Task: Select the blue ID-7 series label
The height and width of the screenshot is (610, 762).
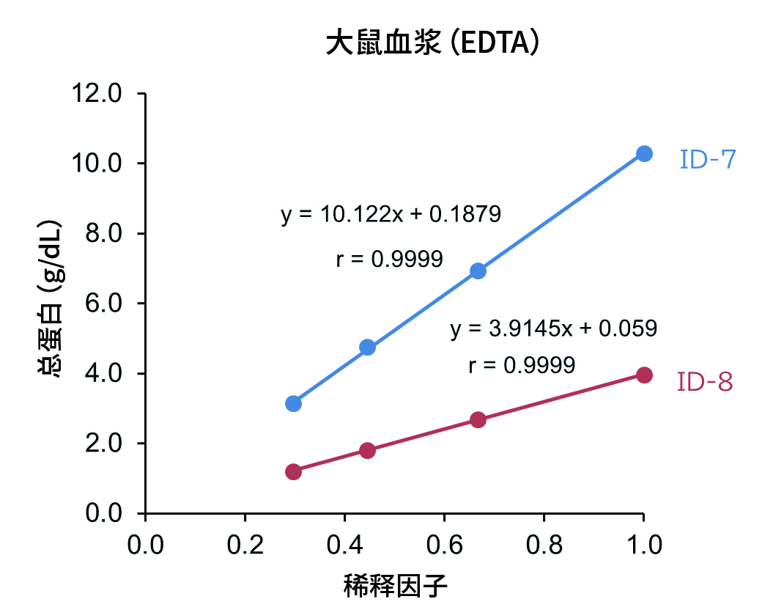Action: point(707,159)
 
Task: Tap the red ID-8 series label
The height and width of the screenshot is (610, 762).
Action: point(705,382)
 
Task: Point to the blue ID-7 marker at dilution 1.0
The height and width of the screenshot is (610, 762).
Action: point(644,153)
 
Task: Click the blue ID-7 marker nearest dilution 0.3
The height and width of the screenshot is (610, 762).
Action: point(294,403)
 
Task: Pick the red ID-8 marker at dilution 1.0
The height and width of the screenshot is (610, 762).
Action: point(644,375)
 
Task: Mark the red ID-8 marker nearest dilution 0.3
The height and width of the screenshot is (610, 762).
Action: point(294,471)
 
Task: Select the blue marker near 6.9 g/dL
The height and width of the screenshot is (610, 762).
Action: point(478,271)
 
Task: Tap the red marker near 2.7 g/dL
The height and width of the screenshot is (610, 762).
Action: point(478,419)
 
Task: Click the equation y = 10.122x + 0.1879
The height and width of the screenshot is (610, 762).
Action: point(391,215)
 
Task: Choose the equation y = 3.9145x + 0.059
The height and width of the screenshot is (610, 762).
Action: point(553,328)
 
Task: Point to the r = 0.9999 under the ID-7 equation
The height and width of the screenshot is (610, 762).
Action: point(389,259)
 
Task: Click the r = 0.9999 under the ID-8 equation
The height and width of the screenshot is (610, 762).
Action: point(521,364)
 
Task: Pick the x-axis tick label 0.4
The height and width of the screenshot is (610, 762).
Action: point(344,545)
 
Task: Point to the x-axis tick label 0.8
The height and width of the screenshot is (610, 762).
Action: point(543,545)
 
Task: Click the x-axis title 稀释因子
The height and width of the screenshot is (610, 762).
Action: point(395,586)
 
